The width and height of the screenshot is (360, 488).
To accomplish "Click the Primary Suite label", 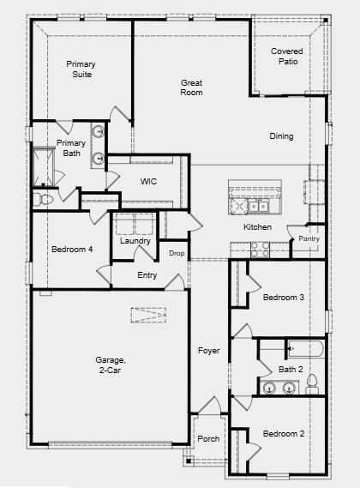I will [x=82, y=69].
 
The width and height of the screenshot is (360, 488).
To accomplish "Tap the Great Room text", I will [x=191, y=87].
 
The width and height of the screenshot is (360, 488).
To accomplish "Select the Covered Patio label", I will [x=286, y=57].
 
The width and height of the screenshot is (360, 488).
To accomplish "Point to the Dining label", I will [x=281, y=136].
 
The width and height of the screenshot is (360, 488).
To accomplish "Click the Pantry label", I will [x=309, y=238].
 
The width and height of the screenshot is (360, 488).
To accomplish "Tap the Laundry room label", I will [x=135, y=241].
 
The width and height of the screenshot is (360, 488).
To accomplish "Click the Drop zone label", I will [x=177, y=253].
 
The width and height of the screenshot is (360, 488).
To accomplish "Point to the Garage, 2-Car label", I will [x=111, y=365].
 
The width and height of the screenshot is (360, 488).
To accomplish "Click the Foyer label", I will [x=209, y=351].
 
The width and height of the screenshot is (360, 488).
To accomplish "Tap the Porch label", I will [x=208, y=438].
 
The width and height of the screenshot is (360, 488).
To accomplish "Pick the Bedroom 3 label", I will [x=283, y=298].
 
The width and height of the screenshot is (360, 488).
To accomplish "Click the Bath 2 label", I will [x=291, y=369].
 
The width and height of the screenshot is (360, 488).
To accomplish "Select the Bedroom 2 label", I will [x=284, y=433].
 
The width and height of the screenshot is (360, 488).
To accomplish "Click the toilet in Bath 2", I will [x=312, y=383].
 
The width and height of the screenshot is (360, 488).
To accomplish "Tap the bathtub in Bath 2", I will [x=305, y=348].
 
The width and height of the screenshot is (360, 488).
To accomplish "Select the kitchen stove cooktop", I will [x=260, y=249].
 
